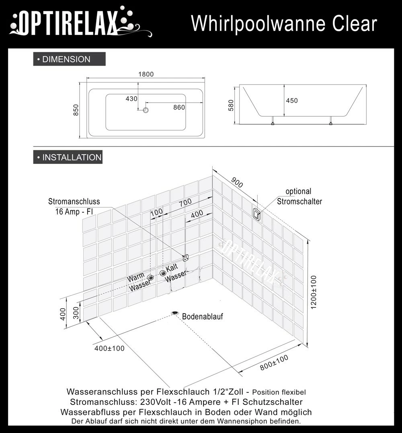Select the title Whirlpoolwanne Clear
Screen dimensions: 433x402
tap(284, 24)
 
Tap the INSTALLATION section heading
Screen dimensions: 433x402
tap(68, 157)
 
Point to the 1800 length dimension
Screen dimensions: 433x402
tap(146, 74)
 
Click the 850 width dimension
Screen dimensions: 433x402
tap(76, 110)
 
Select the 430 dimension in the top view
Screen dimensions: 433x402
tap(131, 99)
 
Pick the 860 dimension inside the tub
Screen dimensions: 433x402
tap(179, 107)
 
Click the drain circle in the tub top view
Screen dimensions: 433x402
tap(146, 109)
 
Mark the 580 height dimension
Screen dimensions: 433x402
tap(230, 105)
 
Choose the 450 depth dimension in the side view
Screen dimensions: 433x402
tap(292, 101)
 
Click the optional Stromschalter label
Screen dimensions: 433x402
tap(299, 196)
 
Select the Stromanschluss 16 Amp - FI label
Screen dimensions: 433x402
tap(74, 206)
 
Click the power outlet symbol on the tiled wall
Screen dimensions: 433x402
tap(186, 258)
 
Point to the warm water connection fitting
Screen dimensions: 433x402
tap(151, 277)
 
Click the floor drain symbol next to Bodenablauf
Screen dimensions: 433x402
tap(175, 313)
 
